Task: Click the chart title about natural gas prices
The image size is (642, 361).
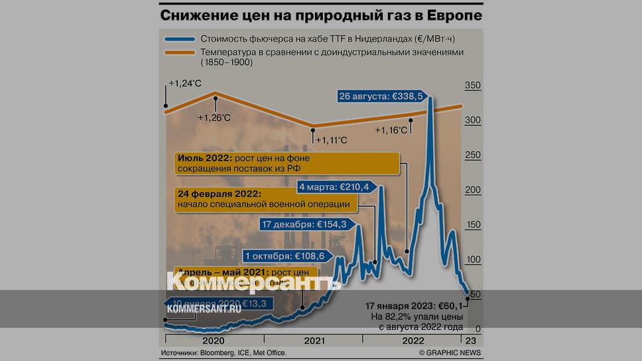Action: (x=320, y=14)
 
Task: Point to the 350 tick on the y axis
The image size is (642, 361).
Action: (x=473, y=86)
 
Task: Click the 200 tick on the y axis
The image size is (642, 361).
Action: (x=473, y=190)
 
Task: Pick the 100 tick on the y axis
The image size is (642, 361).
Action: (x=473, y=259)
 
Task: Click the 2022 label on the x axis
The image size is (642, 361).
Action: (x=412, y=340)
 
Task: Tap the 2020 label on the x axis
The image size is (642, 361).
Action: (x=213, y=340)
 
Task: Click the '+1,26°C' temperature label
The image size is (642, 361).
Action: (x=214, y=117)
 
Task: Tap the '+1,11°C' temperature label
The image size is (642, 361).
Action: (x=331, y=140)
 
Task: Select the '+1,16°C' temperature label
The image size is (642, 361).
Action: (x=391, y=131)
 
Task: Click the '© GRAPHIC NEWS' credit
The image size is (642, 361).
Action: (x=450, y=352)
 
